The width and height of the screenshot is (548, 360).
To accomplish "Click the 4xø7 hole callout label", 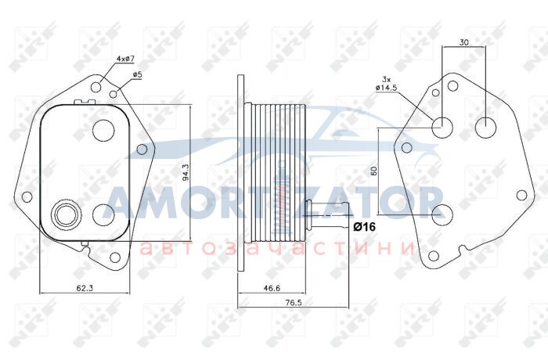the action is click(125, 59).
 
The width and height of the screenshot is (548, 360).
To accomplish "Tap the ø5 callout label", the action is click(137, 74).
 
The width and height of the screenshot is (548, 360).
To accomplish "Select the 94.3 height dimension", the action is click(186, 172).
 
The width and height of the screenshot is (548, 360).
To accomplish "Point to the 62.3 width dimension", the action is click(85, 288).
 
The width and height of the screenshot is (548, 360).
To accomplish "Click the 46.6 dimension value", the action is click(272, 288).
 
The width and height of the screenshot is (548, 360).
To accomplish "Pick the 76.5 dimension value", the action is click(293, 303).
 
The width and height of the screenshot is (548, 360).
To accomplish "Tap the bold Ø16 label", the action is click(364, 227).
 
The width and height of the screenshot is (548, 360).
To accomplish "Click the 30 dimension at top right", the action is click(463, 42).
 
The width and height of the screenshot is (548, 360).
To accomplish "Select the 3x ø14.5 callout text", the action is click(386, 84).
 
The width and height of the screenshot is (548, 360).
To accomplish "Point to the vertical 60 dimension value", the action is click(373, 171).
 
